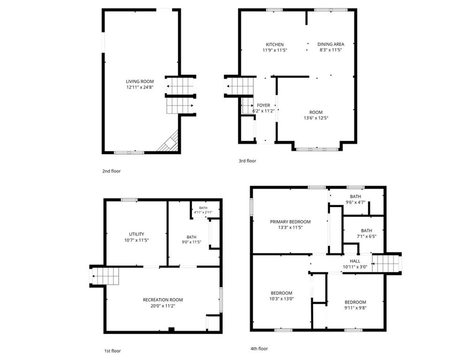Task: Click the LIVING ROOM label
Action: (x=140, y=82)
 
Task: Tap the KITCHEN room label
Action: (x=275, y=45)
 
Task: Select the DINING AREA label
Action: (x=331, y=44)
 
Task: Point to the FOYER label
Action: (x=263, y=105)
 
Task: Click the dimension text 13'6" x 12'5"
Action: (x=316, y=118)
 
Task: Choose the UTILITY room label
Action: (x=136, y=234)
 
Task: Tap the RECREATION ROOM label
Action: (x=163, y=300)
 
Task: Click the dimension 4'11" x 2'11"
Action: (x=203, y=212)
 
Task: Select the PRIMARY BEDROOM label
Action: (x=290, y=222)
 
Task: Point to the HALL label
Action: (x=355, y=261)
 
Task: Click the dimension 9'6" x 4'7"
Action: (x=355, y=202)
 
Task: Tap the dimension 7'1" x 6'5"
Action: (x=367, y=237)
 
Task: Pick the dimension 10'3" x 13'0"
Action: (x=281, y=299)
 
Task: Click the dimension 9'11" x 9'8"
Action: (x=355, y=308)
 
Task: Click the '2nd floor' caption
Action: (x=111, y=171)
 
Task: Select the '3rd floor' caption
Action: (x=248, y=161)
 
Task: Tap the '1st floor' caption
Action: (x=113, y=351)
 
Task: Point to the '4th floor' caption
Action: (x=259, y=349)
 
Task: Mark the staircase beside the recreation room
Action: (x=105, y=276)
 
